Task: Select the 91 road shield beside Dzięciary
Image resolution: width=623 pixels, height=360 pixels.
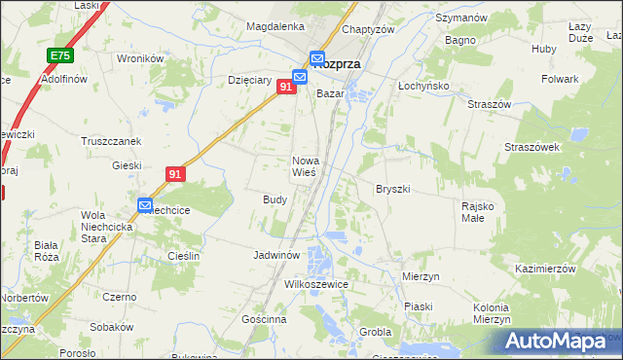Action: pyautogui.click(x=286, y=88)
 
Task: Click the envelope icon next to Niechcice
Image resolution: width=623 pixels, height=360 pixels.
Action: pyautogui.click(x=145, y=205)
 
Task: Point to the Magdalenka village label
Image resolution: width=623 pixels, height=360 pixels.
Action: pyautogui.click(x=275, y=26)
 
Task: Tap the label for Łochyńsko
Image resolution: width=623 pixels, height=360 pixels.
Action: pyautogui.click(x=422, y=85)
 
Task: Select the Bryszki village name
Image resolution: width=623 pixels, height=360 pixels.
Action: pyautogui.click(x=393, y=189)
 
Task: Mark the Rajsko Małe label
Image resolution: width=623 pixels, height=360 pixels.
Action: pyautogui.click(x=479, y=211)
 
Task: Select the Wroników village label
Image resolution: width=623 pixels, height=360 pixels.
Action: pyautogui.click(x=139, y=58)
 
